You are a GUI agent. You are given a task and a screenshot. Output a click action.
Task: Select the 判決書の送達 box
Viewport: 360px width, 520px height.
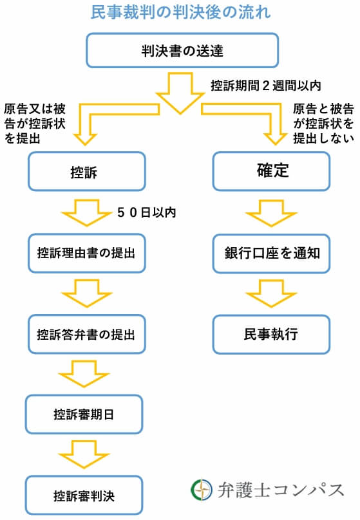click(182, 50)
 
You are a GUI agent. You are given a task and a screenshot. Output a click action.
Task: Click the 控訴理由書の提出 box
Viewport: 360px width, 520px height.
click(84, 253)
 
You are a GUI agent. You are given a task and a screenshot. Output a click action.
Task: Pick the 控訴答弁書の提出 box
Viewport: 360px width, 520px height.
click(84, 335)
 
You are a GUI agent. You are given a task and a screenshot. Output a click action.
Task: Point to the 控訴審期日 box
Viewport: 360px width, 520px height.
click(84, 414)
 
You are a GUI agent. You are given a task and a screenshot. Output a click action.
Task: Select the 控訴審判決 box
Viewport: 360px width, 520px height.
click(84, 496)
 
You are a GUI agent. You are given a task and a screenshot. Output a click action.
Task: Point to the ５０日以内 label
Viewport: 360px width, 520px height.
click(146, 211)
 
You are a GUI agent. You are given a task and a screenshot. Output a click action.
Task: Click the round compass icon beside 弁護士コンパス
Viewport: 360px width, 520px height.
click(201, 490)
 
